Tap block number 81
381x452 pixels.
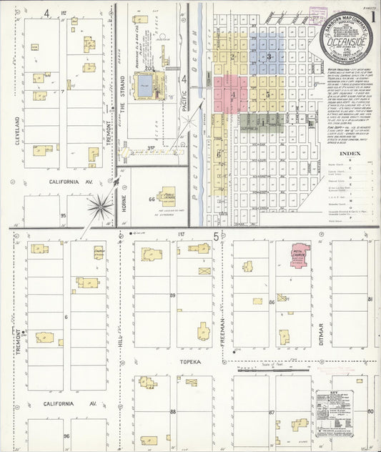click(x=370, y=298)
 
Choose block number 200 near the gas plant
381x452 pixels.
click(x=149, y=68)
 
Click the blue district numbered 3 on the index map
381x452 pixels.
click(x=269, y=56)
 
